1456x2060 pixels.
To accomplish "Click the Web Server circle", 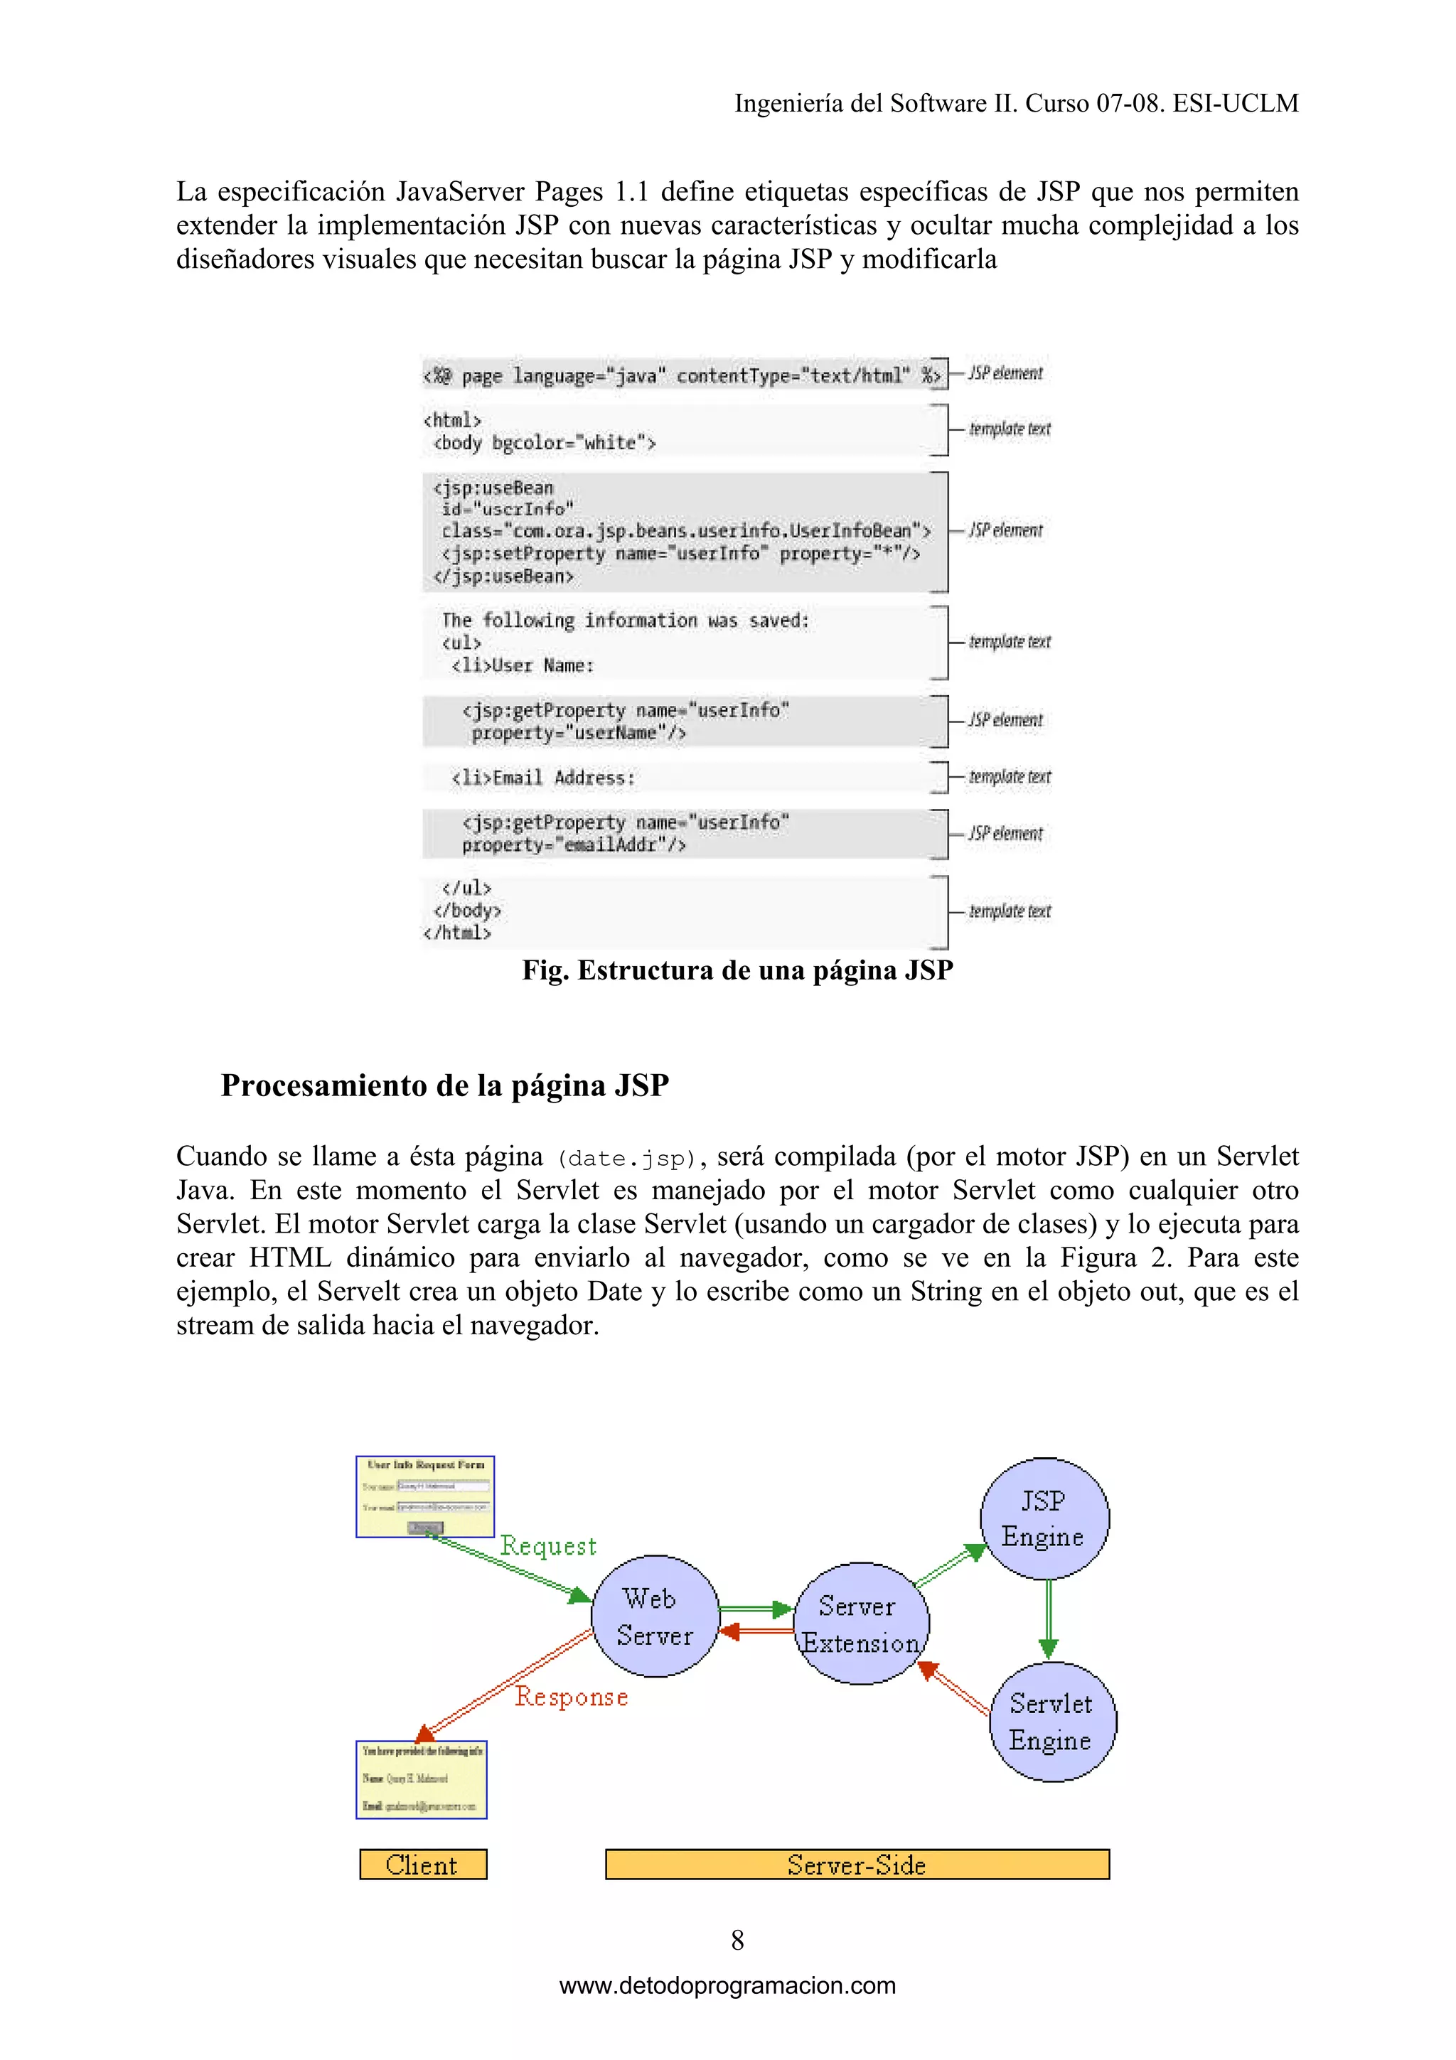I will (x=655, y=1616).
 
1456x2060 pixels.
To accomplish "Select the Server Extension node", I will (x=861, y=1624).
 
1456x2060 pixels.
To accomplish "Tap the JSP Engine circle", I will (x=1044, y=1518).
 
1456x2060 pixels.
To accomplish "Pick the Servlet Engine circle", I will (x=1052, y=1722).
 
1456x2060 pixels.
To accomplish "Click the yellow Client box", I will (x=422, y=1865).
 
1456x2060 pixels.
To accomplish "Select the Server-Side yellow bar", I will (x=857, y=1865).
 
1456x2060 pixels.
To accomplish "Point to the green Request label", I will (x=548, y=1546).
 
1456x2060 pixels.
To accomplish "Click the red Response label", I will (x=572, y=1697).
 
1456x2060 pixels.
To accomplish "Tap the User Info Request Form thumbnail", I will (x=425, y=1496).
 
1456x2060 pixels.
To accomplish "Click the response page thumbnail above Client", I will (x=422, y=1779).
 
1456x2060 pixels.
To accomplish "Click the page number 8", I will (x=737, y=1940).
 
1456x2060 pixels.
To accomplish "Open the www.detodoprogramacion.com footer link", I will (x=727, y=1985).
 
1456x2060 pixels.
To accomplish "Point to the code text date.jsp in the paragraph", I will (x=626, y=1158).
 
